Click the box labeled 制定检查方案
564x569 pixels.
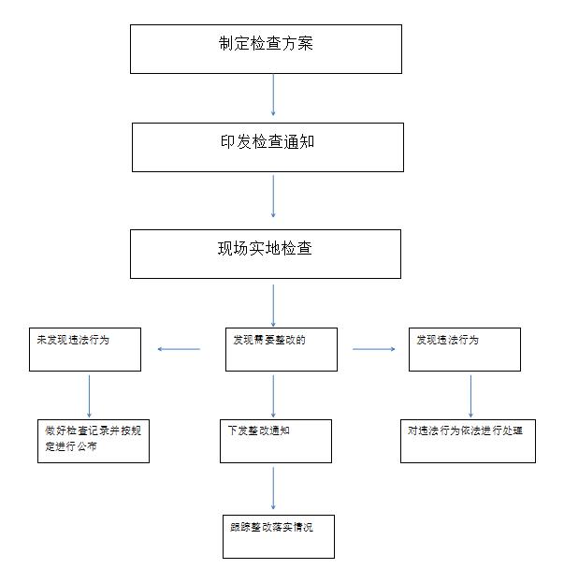pos(266,49)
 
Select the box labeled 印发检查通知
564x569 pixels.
pos(268,147)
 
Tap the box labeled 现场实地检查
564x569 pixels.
pos(266,254)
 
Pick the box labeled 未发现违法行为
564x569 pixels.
pos(85,349)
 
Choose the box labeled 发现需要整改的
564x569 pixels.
pos(282,349)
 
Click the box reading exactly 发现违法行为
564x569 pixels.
pos(465,349)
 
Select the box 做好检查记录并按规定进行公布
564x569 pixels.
pos(94,442)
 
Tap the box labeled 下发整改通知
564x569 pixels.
pos(276,442)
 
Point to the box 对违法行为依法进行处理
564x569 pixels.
pos(468,442)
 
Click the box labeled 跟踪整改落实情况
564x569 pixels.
pos(278,536)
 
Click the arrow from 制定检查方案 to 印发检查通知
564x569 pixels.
pos(273,95)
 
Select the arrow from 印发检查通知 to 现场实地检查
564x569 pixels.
pos(273,197)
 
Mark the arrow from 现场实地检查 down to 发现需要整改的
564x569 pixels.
pos(273,305)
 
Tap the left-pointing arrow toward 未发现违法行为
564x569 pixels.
pos(179,349)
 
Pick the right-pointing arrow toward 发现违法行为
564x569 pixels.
pos(373,349)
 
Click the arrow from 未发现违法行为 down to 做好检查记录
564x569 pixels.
pos(89,396)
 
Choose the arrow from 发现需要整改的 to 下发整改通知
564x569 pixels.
pos(273,396)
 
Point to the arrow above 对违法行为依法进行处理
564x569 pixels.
pos(470,396)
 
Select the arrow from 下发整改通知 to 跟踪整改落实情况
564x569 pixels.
pos(273,489)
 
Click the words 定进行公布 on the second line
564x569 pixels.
pos(71,446)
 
